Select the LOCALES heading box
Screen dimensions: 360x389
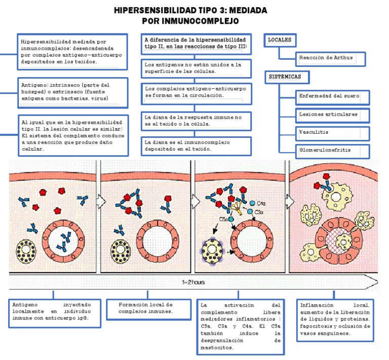(x=280, y=40)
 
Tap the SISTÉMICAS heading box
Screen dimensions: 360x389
(x=287, y=78)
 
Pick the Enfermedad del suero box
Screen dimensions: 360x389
(x=332, y=96)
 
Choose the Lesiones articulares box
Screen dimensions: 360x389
(x=332, y=115)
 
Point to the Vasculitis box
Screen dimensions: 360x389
(x=332, y=132)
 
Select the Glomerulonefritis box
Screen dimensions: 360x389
(x=332, y=151)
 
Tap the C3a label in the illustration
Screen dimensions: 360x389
(x=259, y=212)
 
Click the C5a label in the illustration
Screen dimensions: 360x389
(x=223, y=219)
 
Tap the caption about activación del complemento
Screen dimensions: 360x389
(x=240, y=327)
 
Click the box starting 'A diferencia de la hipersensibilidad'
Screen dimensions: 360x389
(x=196, y=43)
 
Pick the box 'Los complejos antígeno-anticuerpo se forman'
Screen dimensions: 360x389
(x=196, y=92)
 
